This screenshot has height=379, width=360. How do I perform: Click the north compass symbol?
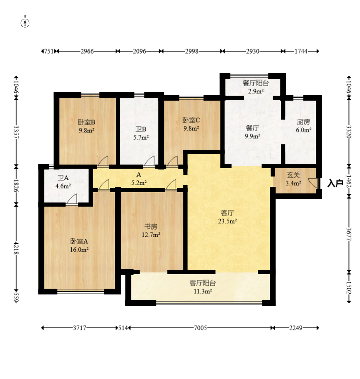point(25,23)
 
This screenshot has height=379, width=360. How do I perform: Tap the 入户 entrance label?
point(335,183)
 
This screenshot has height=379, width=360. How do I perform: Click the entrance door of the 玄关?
point(313,183)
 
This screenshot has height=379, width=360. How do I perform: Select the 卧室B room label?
point(86,122)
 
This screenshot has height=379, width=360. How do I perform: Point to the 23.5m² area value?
point(227,221)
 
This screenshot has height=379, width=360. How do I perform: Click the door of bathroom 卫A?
point(72,200)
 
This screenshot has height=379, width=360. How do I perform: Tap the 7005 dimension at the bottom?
point(201,328)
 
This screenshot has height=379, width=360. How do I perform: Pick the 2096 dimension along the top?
point(139,51)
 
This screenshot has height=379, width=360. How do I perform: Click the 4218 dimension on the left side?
point(16,247)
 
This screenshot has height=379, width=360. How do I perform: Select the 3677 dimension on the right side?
point(349,234)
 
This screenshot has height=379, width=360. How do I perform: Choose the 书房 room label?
point(151,226)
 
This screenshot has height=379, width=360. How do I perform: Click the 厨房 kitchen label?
point(304,122)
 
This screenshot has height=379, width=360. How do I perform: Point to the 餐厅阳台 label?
point(256,83)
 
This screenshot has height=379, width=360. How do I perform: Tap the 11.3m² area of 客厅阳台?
point(203,291)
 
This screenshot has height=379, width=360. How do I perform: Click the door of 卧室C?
point(172,162)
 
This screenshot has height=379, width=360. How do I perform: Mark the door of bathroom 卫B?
point(149,162)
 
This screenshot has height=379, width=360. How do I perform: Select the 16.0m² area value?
point(79,250)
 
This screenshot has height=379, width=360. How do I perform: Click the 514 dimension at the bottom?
point(123,328)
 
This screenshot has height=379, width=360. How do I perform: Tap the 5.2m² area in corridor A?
point(139,183)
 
